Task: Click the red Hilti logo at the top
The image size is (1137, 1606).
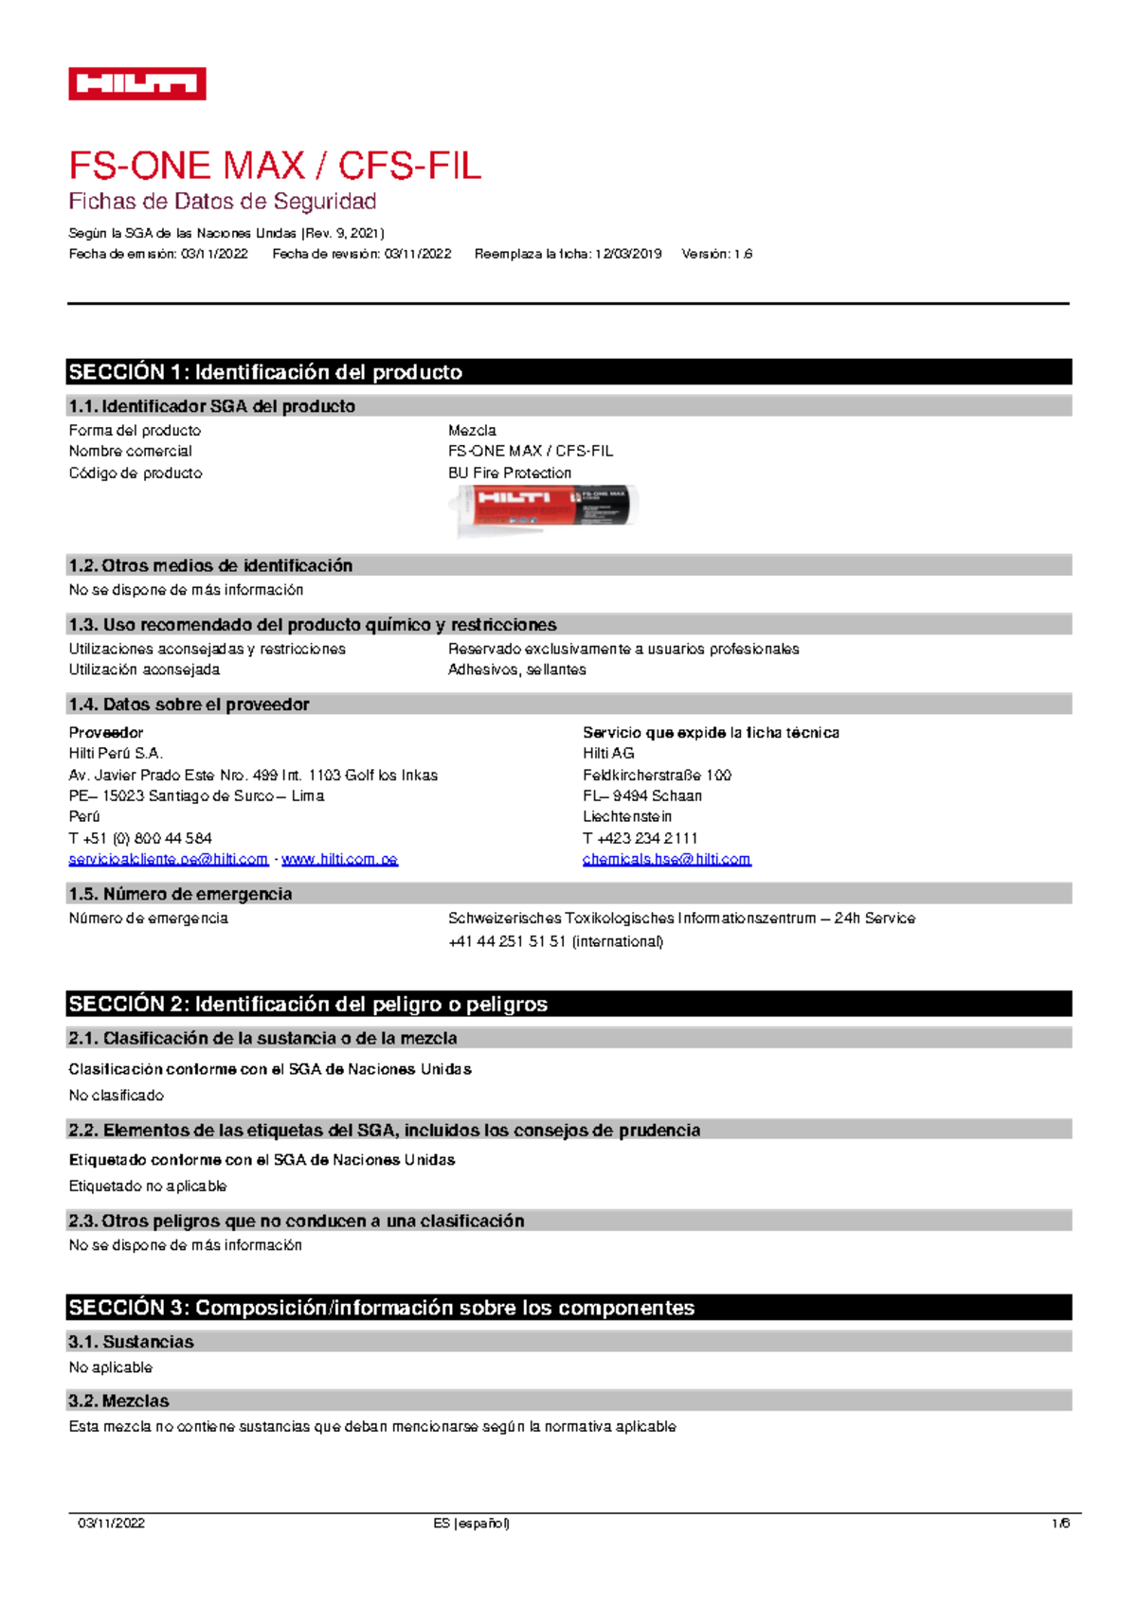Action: (137, 84)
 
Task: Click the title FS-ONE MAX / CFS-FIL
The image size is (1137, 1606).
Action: (275, 167)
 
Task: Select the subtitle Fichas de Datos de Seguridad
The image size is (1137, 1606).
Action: (223, 202)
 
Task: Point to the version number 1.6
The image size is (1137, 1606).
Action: (743, 254)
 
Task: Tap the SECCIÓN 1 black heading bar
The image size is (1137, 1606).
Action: (568, 372)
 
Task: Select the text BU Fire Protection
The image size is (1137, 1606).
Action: (510, 473)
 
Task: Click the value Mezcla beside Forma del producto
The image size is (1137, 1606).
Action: (472, 430)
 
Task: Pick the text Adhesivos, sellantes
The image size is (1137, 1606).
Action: (516, 669)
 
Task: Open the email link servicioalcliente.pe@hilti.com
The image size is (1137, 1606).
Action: (168, 860)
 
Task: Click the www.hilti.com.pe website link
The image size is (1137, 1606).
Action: (339, 860)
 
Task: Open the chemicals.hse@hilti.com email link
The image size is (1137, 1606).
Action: (666, 860)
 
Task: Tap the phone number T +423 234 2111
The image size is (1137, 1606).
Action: (641, 838)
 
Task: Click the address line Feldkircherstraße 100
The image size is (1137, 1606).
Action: (657, 775)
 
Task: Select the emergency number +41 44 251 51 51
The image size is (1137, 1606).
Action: (507, 941)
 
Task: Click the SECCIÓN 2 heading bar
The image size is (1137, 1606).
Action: (568, 1004)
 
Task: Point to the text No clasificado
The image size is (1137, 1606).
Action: (116, 1096)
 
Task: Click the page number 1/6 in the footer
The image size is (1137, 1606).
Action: (1060, 1524)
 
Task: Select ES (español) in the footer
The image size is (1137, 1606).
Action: (471, 1524)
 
